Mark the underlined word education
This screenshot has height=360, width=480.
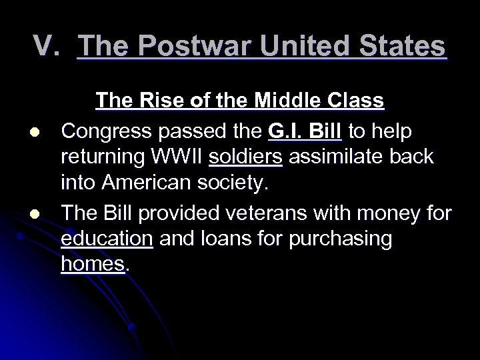[107, 239]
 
